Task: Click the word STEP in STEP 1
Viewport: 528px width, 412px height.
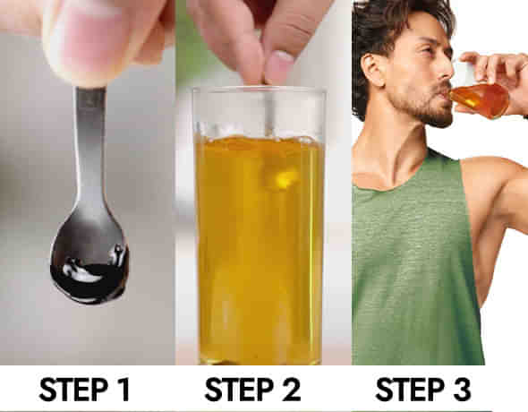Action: tap(73, 390)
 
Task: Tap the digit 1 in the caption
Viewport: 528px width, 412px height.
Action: tap(123, 390)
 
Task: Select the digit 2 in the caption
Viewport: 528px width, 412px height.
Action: tap(291, 390)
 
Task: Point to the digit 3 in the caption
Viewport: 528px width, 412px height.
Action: tap(462, 390)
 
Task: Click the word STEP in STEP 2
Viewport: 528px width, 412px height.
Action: tap(239, 390)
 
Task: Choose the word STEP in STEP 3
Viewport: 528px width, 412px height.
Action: tap(410, 390)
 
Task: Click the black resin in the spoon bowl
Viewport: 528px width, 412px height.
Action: tap(89, 276)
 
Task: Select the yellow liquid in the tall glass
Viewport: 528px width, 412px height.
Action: tap(260, 249)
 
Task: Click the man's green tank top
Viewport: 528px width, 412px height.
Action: tap(414, 266)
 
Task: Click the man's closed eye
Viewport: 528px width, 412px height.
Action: tap(427, 51)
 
